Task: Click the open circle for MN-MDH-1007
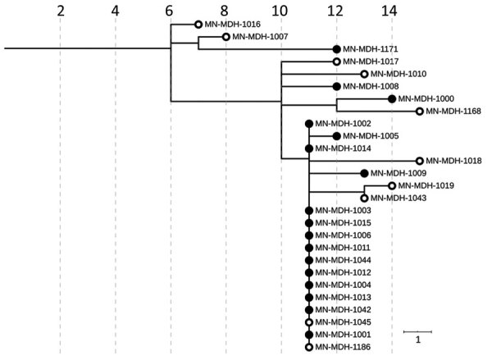[x=226, y=37]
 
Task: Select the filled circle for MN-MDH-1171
[x=336, y=49]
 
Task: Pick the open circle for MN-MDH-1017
[x=336, y=62]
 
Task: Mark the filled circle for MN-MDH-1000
[x=392, y=98]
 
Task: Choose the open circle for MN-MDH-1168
[x=420, y=111]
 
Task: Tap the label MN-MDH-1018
[x=453, y=161]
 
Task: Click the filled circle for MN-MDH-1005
[x=336, y=135]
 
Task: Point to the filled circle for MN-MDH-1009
[x=364, y=173]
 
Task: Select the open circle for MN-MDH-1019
[x=392, y=185]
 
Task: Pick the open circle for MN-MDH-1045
[x=309, y=322]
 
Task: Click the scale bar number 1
[x=417, y=339]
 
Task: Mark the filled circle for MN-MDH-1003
[x=309, y=211]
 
